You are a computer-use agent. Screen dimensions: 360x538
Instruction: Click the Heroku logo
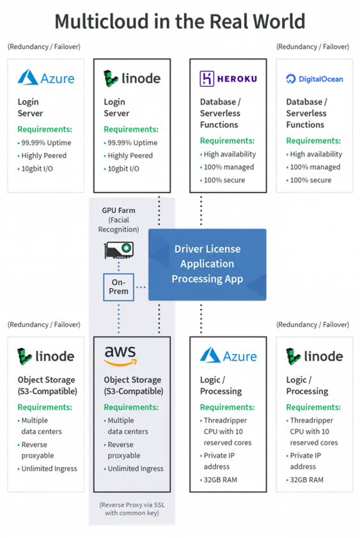[x=228, y=79]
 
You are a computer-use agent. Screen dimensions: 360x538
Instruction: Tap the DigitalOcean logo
[x=315, y=79]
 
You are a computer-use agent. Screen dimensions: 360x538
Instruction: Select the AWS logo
[x=120, y=356]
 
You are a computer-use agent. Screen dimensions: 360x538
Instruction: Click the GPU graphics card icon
[x=119, y=250]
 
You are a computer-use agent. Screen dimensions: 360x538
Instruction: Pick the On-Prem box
[x=119, y=287]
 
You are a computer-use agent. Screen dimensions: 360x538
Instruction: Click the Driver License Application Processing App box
[x=207, y=265]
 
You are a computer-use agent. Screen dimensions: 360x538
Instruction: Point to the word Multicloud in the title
[x=102, y=21]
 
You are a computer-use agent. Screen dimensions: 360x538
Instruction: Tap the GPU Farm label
[x=119, y=210]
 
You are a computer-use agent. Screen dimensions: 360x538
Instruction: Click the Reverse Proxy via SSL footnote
[x=132, y=509]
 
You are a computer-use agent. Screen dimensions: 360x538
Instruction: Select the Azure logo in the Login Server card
[x=46, y=78]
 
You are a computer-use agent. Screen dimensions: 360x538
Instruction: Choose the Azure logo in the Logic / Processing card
[x=228, y=356]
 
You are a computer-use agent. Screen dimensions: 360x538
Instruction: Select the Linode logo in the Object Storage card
[x=46, y=356]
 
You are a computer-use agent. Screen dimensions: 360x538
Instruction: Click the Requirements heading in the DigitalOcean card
[x=313, y=141]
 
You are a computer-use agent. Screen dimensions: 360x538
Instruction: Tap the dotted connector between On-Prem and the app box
[x=141, y=287]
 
